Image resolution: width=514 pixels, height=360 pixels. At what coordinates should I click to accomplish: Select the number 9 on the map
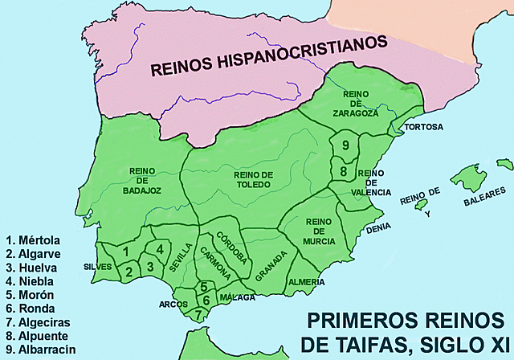pos(345,145)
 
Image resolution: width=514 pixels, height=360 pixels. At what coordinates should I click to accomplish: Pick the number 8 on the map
pos(343,171)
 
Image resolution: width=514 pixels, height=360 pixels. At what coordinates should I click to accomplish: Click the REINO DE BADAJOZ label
pos(145,181)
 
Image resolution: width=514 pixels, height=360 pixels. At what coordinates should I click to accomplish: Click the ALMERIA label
pos(306,282)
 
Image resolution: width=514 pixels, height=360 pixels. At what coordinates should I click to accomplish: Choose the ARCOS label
pos(173,304)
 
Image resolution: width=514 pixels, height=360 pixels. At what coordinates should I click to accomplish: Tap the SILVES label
pos(98,266)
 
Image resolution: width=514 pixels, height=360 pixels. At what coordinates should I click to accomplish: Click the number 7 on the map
pos(199,313)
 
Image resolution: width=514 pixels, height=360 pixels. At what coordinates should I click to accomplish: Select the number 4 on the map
pos(161,249)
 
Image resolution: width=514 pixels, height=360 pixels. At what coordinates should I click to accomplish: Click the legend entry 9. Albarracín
pos(40,350)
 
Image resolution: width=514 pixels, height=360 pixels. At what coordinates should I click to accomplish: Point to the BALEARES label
pos(485,198)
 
